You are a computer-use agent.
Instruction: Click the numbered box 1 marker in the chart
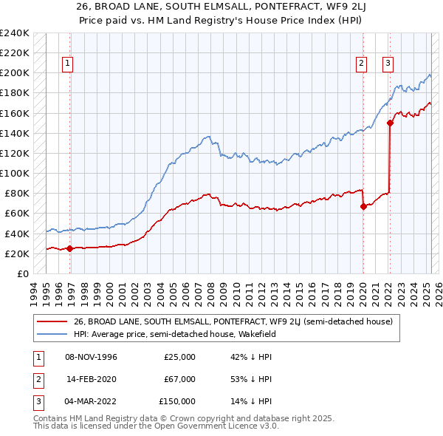[x=67, y=64]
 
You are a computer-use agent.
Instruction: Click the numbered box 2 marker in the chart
[x=362, y=64]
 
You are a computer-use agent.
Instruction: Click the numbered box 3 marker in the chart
[x=388, y=64]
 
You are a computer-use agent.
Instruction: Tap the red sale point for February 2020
[x=363, y=207]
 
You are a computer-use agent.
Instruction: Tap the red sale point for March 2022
[x=390, y=123]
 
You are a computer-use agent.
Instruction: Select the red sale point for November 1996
[x=70, y=248]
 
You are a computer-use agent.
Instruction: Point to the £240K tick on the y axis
[x=14, y=33]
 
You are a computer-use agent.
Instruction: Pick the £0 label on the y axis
[x=23, y=273]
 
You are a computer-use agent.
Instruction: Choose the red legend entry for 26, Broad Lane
[x=237, y=321]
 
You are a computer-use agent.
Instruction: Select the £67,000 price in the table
[x=179, y=379]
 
